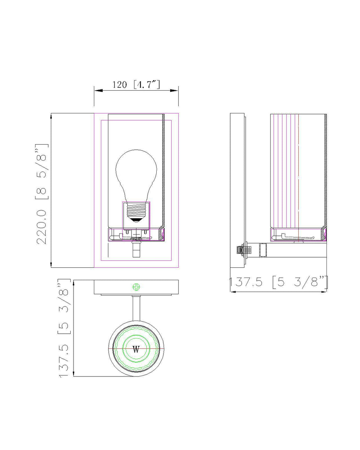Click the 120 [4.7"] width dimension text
click(x=136, y=84)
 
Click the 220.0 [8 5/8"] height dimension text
click(x=42, y=194)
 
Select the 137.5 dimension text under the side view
click(x=278, y=282)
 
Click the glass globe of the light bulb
click(x=136, y=176)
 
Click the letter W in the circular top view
click(x=136, y=349)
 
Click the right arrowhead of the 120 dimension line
click(x=174, y=91)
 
